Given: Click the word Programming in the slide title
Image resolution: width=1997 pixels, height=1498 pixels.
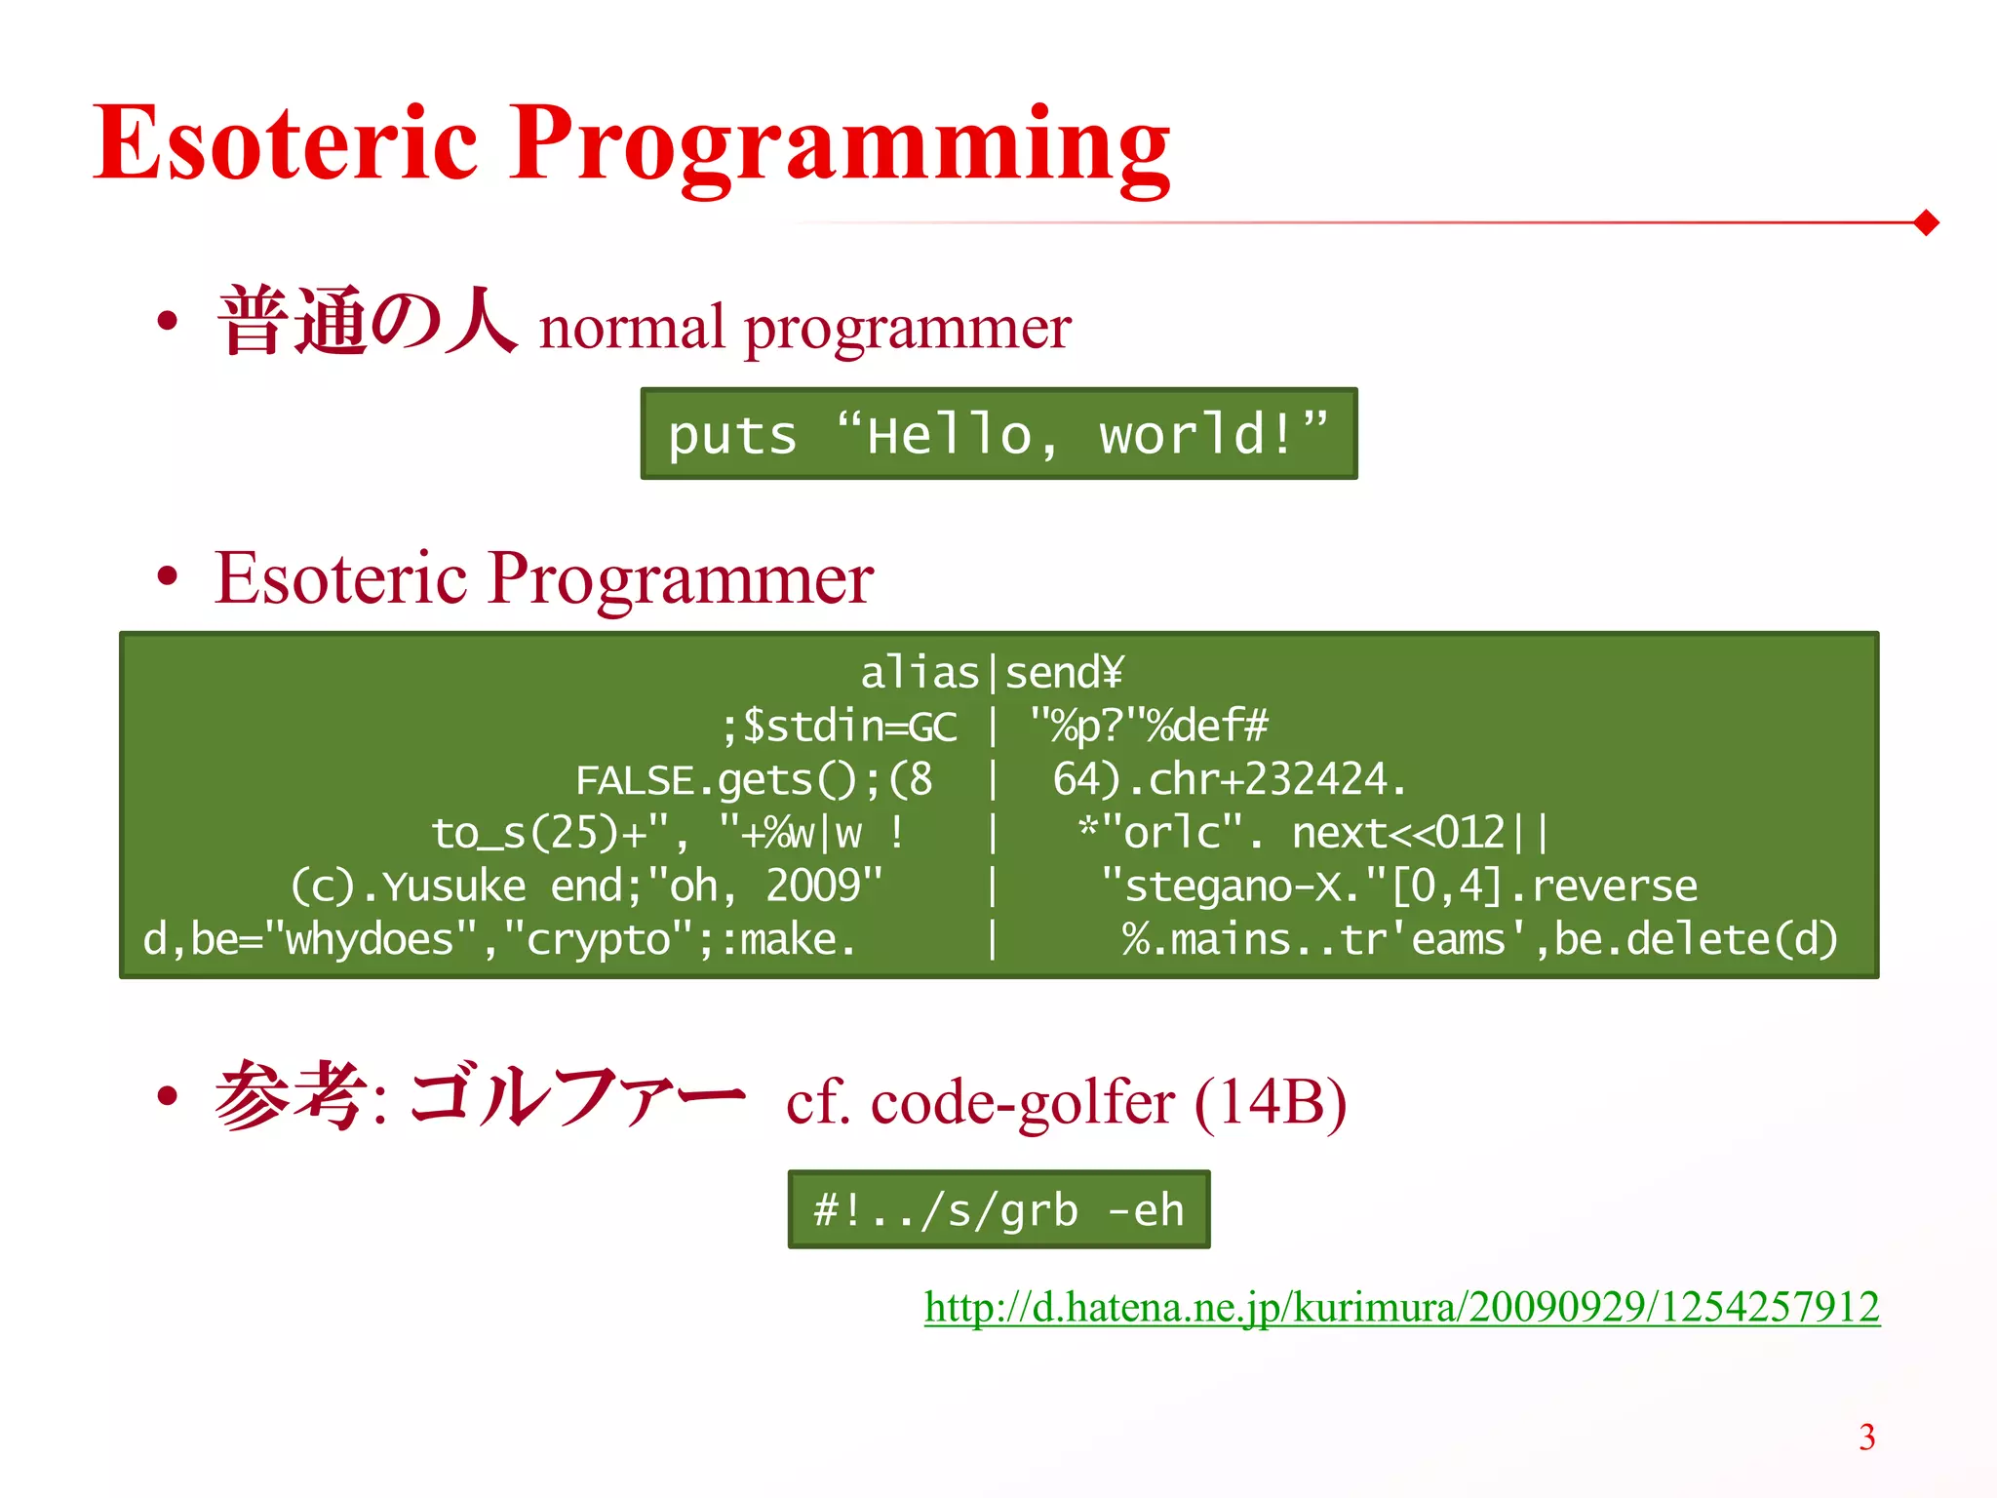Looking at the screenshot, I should [x=839, y=146].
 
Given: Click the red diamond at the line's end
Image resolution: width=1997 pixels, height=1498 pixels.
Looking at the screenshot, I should [x=1926, y=222].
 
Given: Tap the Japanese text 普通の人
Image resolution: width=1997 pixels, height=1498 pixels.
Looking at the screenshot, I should [x=366, y=322].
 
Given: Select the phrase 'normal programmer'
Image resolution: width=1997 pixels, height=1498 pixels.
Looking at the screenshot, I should [x=804, y=329].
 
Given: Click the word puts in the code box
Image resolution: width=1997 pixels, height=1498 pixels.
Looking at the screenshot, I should [x=731, y=435].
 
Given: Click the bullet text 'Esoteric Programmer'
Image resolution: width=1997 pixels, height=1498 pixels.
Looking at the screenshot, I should [x=543, y=578].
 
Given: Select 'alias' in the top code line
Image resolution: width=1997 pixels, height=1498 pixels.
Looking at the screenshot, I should [x=919, y=673].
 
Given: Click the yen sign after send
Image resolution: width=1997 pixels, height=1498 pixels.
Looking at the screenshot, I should [x=1113, y=673].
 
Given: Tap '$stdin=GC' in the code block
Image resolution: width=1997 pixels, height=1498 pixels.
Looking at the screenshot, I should [x=848, y=727].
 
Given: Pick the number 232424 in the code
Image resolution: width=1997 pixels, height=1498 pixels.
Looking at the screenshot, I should [x=1316, y=780].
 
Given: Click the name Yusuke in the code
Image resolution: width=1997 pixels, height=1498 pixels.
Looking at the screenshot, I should [x=453, y=887].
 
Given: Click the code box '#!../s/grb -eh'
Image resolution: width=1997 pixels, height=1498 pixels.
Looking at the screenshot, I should [x=998, y=1210].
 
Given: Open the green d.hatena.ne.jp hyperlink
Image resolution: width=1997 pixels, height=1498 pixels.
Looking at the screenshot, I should [x=1401, y=1307].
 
